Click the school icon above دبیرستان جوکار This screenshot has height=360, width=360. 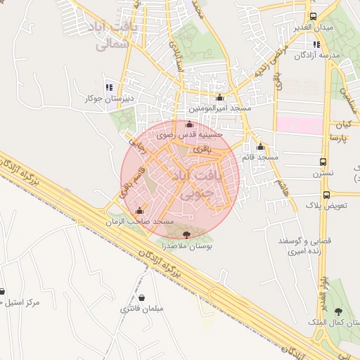pos(109,88)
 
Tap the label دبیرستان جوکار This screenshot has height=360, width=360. pos(108,98)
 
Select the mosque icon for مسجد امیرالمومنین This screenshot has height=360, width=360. pos(220,98)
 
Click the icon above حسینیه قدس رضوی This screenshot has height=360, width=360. pos(188,124)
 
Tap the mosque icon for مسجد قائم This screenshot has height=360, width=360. pos(261,147)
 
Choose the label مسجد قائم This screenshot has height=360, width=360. pos(259,157)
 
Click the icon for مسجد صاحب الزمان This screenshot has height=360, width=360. pos(139,210)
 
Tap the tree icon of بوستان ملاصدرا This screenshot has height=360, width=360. pos(186,235)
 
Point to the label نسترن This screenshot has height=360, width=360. pos(323,172)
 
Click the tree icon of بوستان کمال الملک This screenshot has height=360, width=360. pos(340,311)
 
